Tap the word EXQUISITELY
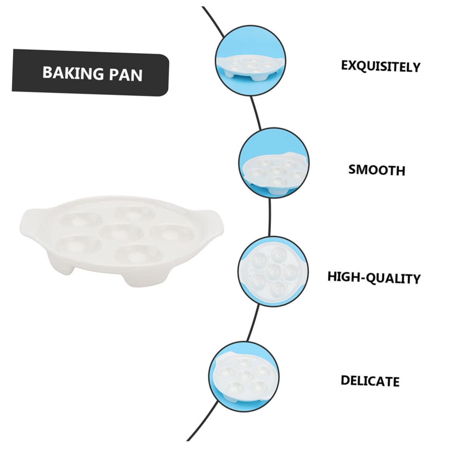pos(380,66)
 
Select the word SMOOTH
pos(377,170)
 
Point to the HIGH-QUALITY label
pos(374,277)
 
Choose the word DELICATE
pos(370,381)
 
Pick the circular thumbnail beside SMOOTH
pos(273,163)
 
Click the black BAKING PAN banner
pos(90,73)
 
